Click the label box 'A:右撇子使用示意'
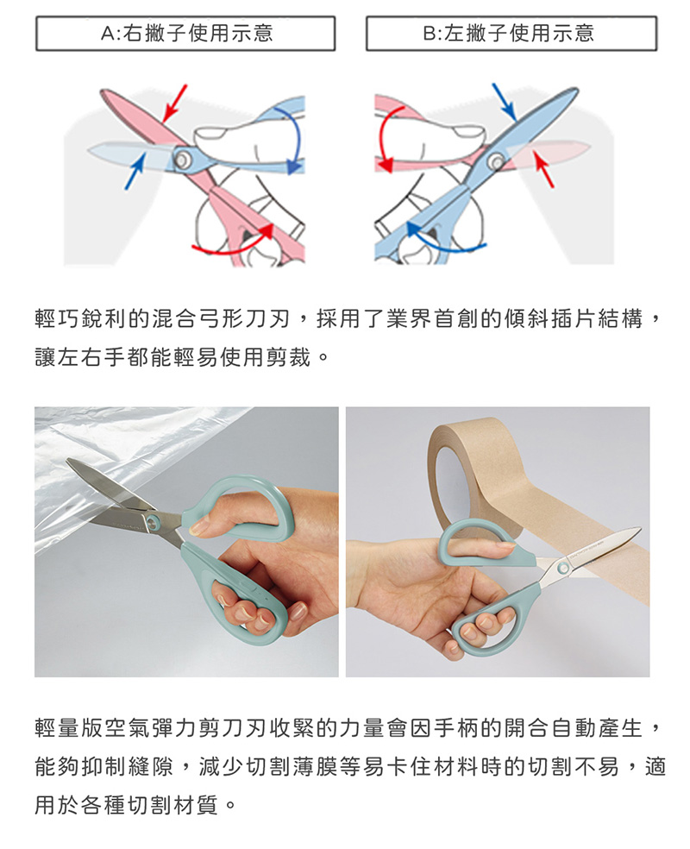[x=185, y=34]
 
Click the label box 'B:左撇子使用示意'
[x=511, y=34]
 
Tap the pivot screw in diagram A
[x=181, y=159]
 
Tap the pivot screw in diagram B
[x=495, y=161]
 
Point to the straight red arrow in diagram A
[x=175, y=103]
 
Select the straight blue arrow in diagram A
[x=135, y=171]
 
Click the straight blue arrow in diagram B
[x=504, y=102]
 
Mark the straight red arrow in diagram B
[x=543, y=169]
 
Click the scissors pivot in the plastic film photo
[x=154, y=522]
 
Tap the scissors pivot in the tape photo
[x=563, y=568]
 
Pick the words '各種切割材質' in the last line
[x=150, y=805]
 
